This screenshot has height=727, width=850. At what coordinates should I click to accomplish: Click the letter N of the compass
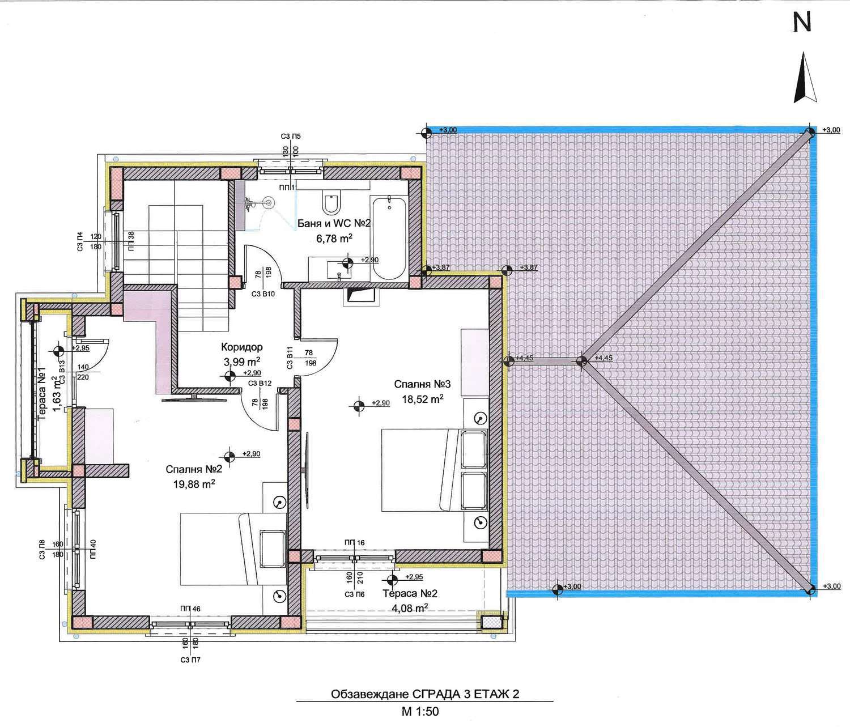point(802,23)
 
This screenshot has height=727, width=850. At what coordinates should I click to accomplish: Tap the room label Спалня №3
point(422,384)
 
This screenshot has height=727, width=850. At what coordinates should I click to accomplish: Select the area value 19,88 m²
point(194,484)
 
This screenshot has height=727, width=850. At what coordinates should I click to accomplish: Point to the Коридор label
point(242,347)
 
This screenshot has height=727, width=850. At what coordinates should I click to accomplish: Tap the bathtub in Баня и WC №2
point(389,238)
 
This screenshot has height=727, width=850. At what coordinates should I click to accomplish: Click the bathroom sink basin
point(339,270)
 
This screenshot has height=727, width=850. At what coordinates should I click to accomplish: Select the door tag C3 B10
point(263,294)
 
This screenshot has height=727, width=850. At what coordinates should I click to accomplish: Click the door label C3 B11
point(290,358)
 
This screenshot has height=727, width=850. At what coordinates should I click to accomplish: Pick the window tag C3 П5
point(291,136)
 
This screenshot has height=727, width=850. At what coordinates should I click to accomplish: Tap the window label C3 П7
point(190,660)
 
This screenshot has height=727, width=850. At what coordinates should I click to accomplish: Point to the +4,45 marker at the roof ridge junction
point(603,358)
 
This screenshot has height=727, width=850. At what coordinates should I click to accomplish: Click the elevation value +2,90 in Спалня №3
point(381,403)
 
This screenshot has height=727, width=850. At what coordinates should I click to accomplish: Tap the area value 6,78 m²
point(334,239)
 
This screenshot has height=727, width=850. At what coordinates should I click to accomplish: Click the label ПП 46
point(190,609)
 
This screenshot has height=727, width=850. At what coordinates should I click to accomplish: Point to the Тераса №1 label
point(42,393)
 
